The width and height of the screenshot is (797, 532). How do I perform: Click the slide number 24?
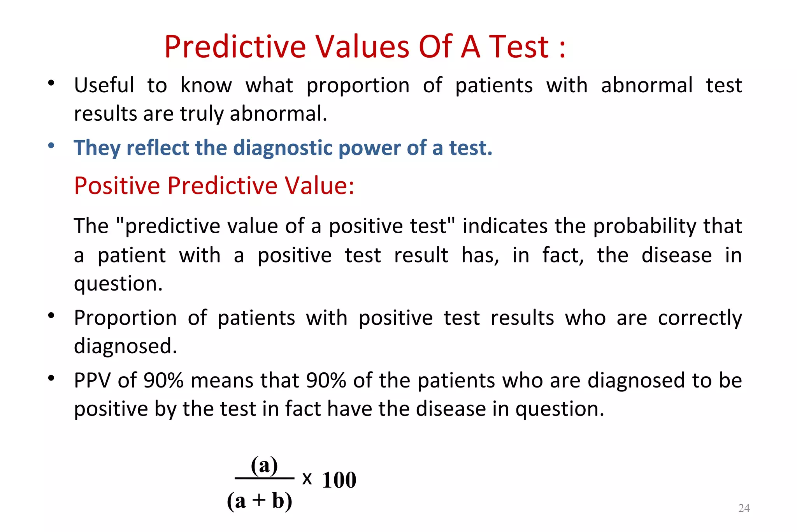744,508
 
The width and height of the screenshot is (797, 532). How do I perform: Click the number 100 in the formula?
339,480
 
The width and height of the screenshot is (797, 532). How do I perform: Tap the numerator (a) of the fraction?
264,465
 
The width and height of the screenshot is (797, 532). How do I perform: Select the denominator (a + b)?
260,501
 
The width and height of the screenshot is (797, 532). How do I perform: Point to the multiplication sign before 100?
307,479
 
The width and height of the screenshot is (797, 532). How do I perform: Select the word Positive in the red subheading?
117,185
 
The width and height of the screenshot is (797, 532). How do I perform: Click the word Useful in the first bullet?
104,85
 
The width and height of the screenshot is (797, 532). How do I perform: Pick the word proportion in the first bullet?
358,86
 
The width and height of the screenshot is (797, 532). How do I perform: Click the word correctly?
700,318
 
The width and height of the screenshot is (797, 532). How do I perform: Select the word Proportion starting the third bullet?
125,318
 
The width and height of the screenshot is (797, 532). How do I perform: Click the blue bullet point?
51,146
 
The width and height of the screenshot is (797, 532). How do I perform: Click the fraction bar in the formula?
264,478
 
